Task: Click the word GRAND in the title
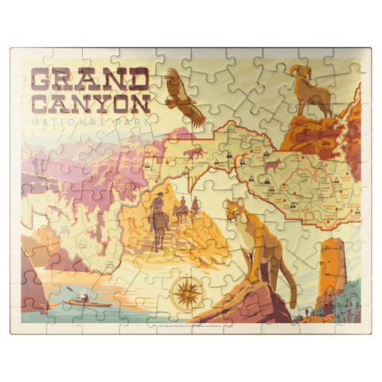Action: coord(89,80)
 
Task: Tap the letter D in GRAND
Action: coord(137,80)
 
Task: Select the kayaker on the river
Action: coord(76,300)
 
